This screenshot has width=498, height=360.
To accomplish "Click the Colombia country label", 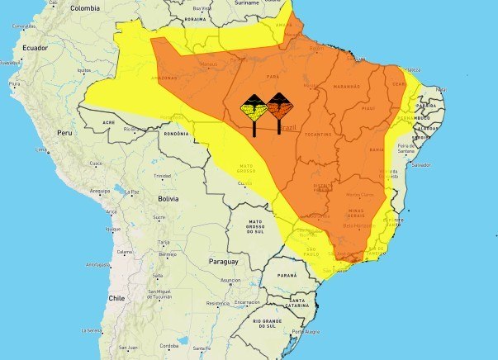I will [85, 7].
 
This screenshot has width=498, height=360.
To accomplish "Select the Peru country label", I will [65, 132].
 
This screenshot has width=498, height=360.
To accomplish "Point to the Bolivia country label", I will [168, 199].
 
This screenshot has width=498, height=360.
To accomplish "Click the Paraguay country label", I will [223, 262].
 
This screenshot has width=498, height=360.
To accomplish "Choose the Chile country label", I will [116, 298].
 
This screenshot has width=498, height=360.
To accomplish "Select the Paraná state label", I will [287, 273].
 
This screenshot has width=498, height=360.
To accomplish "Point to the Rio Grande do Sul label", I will [268, 324].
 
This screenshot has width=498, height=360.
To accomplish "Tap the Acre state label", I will [109, 122].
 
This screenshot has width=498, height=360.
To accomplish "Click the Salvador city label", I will [421, 165].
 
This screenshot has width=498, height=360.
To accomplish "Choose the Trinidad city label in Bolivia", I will [162, 176].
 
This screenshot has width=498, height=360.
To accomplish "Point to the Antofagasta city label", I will [99, 265].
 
